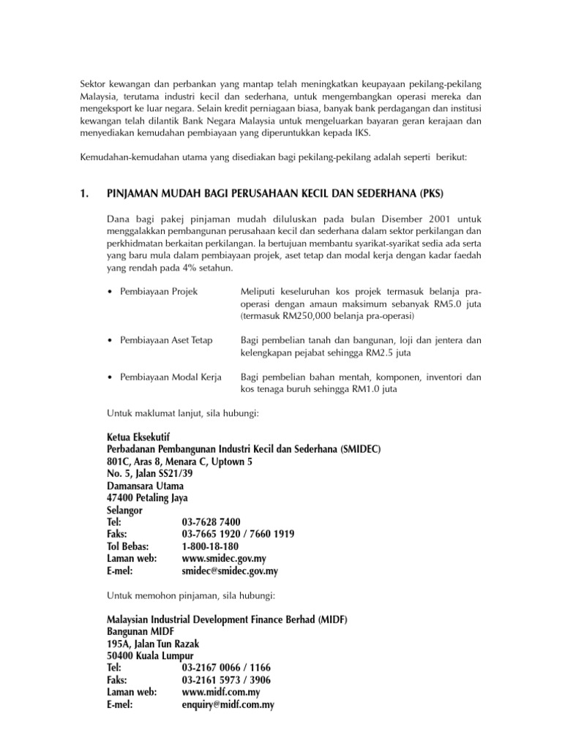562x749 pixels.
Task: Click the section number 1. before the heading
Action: click(x=85, y=194)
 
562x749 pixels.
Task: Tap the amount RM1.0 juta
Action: click(x=375, y=389)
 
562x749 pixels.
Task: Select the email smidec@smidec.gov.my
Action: click(x=230, y=571)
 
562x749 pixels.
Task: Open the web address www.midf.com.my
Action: click(x=221, y=692)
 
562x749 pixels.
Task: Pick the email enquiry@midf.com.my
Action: click(x=228, y=704)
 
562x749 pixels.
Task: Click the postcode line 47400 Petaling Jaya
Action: click(x=147, y=498)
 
